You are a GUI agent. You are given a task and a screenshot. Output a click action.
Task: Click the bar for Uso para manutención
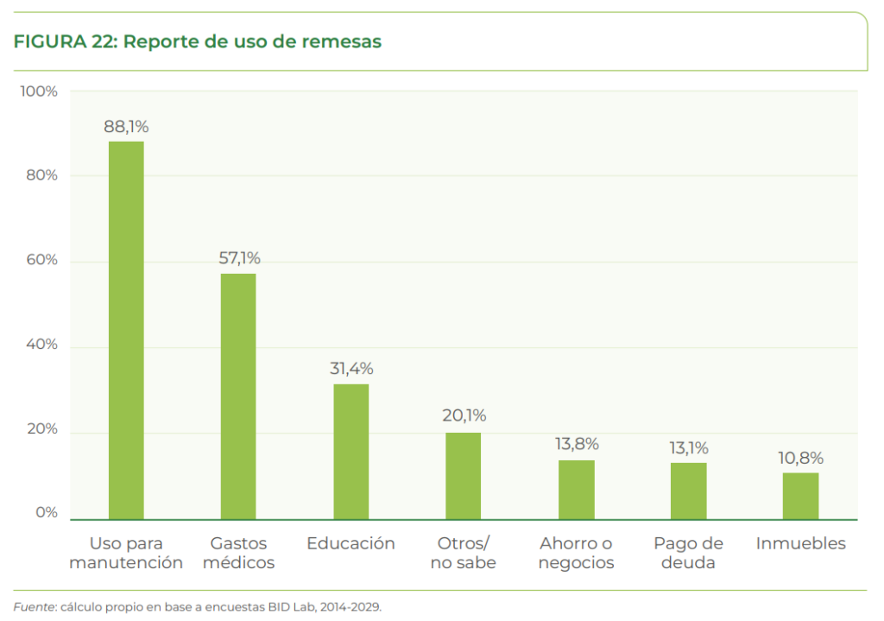(x=126, y=330)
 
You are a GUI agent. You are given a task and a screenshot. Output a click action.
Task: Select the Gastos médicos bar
(x=238, y=396)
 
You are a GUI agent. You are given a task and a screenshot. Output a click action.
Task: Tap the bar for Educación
(x=350, y=452)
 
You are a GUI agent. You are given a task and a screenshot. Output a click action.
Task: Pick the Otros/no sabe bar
(x=463, y=476)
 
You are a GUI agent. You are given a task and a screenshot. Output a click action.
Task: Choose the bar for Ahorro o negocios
(x=576, y=490)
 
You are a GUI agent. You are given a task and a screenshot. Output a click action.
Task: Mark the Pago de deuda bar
(x=688, y=491)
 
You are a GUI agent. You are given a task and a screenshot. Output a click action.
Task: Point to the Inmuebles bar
(x=800, y=496)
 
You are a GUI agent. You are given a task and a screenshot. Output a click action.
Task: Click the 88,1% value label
(x=126, y=127)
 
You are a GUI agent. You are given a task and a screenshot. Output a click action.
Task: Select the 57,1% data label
(x=238, y=258)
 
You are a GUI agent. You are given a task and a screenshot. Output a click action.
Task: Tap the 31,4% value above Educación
(x=351, y=369)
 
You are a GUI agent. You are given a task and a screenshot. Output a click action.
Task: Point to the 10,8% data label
(x=801, y=458)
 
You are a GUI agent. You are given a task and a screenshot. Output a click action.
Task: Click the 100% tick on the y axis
(x=39, y=92)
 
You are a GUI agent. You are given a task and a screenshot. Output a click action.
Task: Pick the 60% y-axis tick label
(x=41, y=260)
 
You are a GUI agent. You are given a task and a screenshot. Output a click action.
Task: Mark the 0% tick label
(x=46, y=513)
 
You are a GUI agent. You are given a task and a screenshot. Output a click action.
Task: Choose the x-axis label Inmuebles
(x=800, y=544)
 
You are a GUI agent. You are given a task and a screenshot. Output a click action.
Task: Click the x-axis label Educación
(x=350, y=544)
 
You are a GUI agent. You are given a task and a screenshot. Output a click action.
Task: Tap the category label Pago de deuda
(x=688, y=553)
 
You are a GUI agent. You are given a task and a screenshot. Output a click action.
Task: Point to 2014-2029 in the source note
(x=349, y=606)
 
